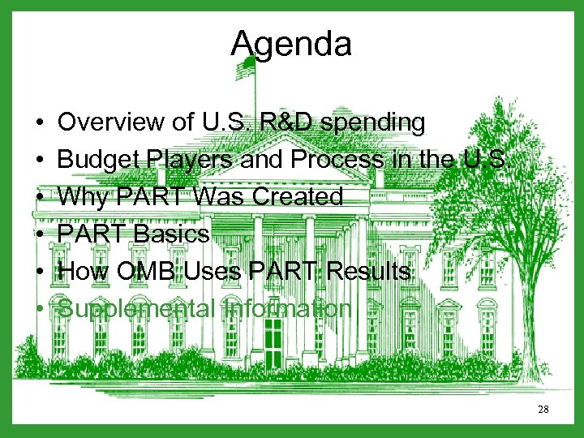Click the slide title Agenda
pos(291,44)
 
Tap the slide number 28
pos(543,410)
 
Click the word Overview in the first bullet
pos(111,122)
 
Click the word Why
pos(82,197)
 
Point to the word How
pos(83,272)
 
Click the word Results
pos(369,272)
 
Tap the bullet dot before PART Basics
pos(40,235)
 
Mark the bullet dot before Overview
pos(40,123)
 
